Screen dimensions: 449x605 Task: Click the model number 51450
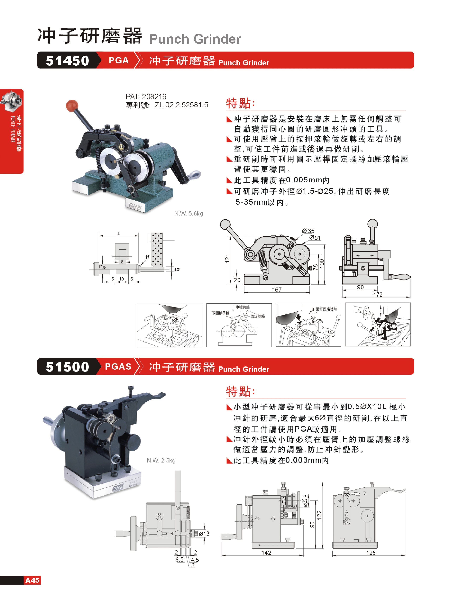click(67, 60)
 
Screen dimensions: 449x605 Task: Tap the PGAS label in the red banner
click(118, 366)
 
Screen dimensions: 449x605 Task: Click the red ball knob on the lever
click(72, 106)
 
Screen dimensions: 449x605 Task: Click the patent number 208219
click(154, 96)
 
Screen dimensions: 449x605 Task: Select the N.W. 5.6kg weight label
click(189, 213)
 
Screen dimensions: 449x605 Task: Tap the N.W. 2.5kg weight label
click(161, 460)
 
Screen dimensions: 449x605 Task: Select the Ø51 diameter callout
click(315, 237)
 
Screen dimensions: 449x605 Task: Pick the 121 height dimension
click(227, 258)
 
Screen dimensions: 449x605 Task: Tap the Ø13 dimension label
click(204, 534)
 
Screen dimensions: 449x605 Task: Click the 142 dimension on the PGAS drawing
click(266, 553)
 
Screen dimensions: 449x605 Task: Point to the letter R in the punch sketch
click(148, 257)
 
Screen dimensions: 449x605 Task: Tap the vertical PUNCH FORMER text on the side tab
click(13, 129)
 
